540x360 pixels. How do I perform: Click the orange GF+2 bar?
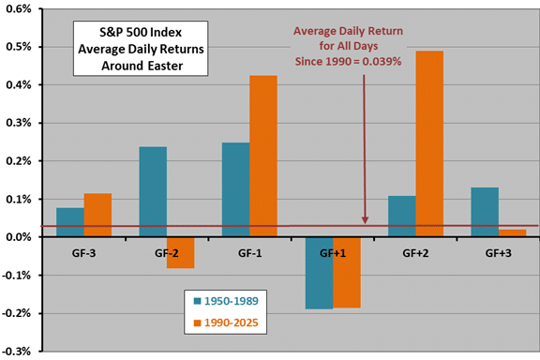click(x=429, y=143)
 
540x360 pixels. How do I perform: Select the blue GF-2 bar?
click(x=153, y=191)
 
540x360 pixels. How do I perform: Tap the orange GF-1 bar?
click(x=263, y=156)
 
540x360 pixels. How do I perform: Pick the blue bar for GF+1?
click(x=320, y=273)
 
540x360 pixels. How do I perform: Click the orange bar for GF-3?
click(x=97, y=215)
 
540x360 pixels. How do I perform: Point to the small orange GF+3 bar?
click(x=513, y=233)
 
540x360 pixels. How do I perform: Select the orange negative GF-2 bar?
click(x=180, y=252)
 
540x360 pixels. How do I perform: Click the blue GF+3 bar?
click(x=485, y=212)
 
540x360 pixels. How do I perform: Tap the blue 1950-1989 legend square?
click(x=197, y=301)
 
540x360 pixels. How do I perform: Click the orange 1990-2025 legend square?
click(x=197, y=322)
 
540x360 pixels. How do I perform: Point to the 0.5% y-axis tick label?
click(x=19, y=47)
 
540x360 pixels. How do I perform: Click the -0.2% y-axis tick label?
click(x=17, y=313)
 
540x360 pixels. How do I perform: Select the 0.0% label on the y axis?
click(x=19, y=237)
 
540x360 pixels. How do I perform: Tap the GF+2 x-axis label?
click(x=415, y=253)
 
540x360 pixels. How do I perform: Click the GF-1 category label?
click(x=249, y=253)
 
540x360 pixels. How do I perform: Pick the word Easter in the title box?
click(x=165, y=66)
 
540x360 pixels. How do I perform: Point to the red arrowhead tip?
click(x=365, y=223)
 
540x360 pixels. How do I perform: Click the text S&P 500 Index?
click(x=141, y=33)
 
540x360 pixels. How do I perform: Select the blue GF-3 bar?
click(x=70, y=222)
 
